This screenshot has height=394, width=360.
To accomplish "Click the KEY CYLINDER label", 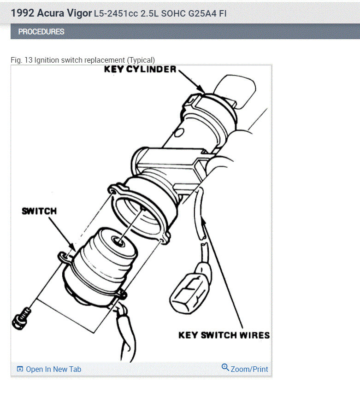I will coord(140,70).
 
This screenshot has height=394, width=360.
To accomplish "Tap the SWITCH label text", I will coord(39,211).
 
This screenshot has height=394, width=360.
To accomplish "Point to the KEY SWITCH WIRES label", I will coord(224,335).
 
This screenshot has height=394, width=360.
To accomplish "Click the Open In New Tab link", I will coord(53,369).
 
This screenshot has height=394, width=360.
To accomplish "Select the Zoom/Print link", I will coord(249,369).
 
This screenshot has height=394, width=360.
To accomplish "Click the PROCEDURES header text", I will coord(41,32).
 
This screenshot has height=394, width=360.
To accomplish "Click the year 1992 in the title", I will coord(21,13).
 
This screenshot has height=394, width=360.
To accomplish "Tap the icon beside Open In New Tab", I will coord(20,369).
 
